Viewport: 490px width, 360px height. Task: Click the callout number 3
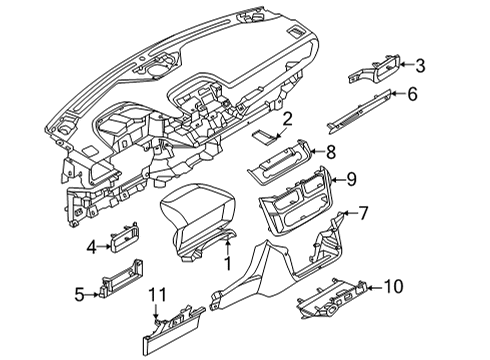click(x=420, y=67)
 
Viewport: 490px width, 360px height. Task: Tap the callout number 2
click(x=287, y=121)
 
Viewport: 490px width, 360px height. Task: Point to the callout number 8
click(x=332, y=151)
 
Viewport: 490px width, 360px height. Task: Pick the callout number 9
click(x=352, y=180)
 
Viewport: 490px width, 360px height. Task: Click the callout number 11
click(x=155, y=295)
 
